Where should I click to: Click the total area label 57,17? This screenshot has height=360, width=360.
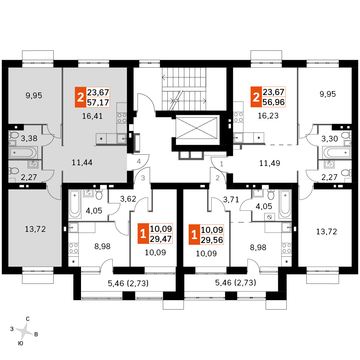point(98,102)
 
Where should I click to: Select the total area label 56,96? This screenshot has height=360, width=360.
point(274,102)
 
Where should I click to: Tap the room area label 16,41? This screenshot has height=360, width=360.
point(92,116)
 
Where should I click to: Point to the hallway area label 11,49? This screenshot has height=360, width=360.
point(270,163)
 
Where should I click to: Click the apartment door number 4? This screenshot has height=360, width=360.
point(139,161)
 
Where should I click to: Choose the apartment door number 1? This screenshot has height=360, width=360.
point(221,164)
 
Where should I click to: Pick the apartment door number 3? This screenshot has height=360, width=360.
point(143,178)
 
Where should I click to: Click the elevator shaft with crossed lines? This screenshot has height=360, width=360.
point(196,128)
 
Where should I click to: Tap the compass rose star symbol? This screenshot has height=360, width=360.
point(24,331)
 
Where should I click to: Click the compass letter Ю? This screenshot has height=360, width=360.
point(21,343)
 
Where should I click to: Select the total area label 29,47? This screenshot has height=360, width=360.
point(161,239)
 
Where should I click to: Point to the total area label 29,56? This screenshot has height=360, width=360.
point(212,240)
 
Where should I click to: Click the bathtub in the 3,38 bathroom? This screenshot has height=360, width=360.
point(22,152)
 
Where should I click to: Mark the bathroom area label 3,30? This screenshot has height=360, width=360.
point(330,139)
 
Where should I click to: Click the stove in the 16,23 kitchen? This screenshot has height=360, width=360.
point(238,117)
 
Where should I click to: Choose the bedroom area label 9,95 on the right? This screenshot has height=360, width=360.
point(328,94)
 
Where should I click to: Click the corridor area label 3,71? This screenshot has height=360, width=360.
point(231,199)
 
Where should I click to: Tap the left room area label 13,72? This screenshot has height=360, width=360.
point(35,229)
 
